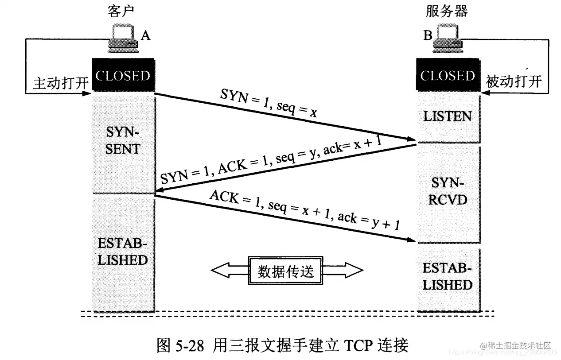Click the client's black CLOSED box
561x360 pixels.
pos(123,75)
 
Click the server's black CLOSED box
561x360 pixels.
pos(448,76)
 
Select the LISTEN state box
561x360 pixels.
pos(448,116)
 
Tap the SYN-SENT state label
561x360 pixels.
pos(123,141)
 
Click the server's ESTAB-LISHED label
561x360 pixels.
pos(448,276)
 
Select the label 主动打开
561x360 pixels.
pos(61,83)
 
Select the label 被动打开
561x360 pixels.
pos(514,82)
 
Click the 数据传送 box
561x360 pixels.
pos(286,270)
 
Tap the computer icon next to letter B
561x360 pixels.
pos(448,38)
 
